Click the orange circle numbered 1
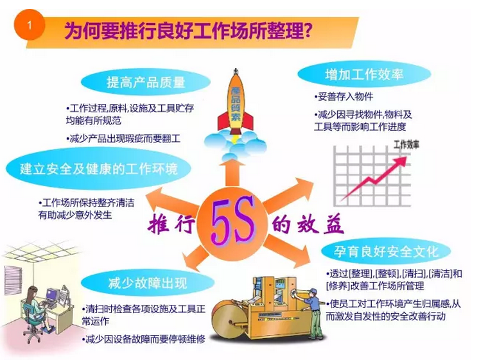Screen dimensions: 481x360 pyautogui.click(x=30, y=25)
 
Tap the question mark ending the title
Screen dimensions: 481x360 pyautogui.click(x=308, y=31)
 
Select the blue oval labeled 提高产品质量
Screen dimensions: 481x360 pyautogui.click(x=146, y=82)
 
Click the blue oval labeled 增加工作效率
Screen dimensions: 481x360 pyautogui.click(x=364, y=74)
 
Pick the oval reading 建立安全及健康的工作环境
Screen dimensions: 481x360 pyautogui.click(x=98, y=169)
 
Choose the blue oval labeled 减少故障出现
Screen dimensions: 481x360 pyautogui.click(x=148, y=283)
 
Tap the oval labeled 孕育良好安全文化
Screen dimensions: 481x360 pyautogui.click(x=386, y=252)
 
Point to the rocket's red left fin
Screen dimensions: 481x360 pyautogui.click(x=222, y=121)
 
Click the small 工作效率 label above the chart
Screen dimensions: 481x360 pyautogui.click(x=406, y=144)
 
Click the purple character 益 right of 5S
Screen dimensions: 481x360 pyautogui.click(x=332, y=223)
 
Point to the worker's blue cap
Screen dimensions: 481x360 pyautogui.click(x=313, y=291)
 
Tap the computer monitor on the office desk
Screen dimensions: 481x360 pyautogui.click(x=52, y=294)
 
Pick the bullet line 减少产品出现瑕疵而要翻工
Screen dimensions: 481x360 pyautogui.click(x=123, y=139)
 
